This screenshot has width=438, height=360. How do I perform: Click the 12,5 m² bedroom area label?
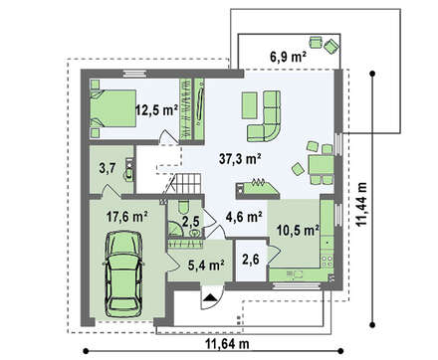(156, 109)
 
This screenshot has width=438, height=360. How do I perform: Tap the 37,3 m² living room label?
(240, 159)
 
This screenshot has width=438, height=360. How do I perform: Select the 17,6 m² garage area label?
(127, 217)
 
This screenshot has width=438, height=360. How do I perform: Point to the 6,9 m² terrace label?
(288, 57)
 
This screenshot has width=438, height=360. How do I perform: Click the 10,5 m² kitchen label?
(298, 230)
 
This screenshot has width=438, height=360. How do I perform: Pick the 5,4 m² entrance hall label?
(206, 265)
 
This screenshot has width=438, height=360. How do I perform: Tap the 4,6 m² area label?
(244, 217)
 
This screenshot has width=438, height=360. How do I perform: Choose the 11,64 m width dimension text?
(227, 344)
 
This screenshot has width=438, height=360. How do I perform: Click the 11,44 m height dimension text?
(361, 204)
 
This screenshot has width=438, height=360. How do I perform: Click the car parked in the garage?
(123, 273)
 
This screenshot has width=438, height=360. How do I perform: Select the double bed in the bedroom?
(113, 108)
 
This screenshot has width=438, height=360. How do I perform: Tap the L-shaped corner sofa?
(264, 116)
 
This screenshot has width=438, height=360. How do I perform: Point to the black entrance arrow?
(210, 297)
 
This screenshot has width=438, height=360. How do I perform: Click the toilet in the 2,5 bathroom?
(183, 208)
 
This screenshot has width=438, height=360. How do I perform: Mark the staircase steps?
(188, 183)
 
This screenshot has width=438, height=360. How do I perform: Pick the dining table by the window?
(321, 165)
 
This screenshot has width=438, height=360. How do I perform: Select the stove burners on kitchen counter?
(327, 261)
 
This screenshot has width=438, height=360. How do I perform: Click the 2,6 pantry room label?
(251, 260)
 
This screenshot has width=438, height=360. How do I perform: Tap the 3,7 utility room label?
(108, 168)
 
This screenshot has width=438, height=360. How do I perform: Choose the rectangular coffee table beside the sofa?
(249, 105)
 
